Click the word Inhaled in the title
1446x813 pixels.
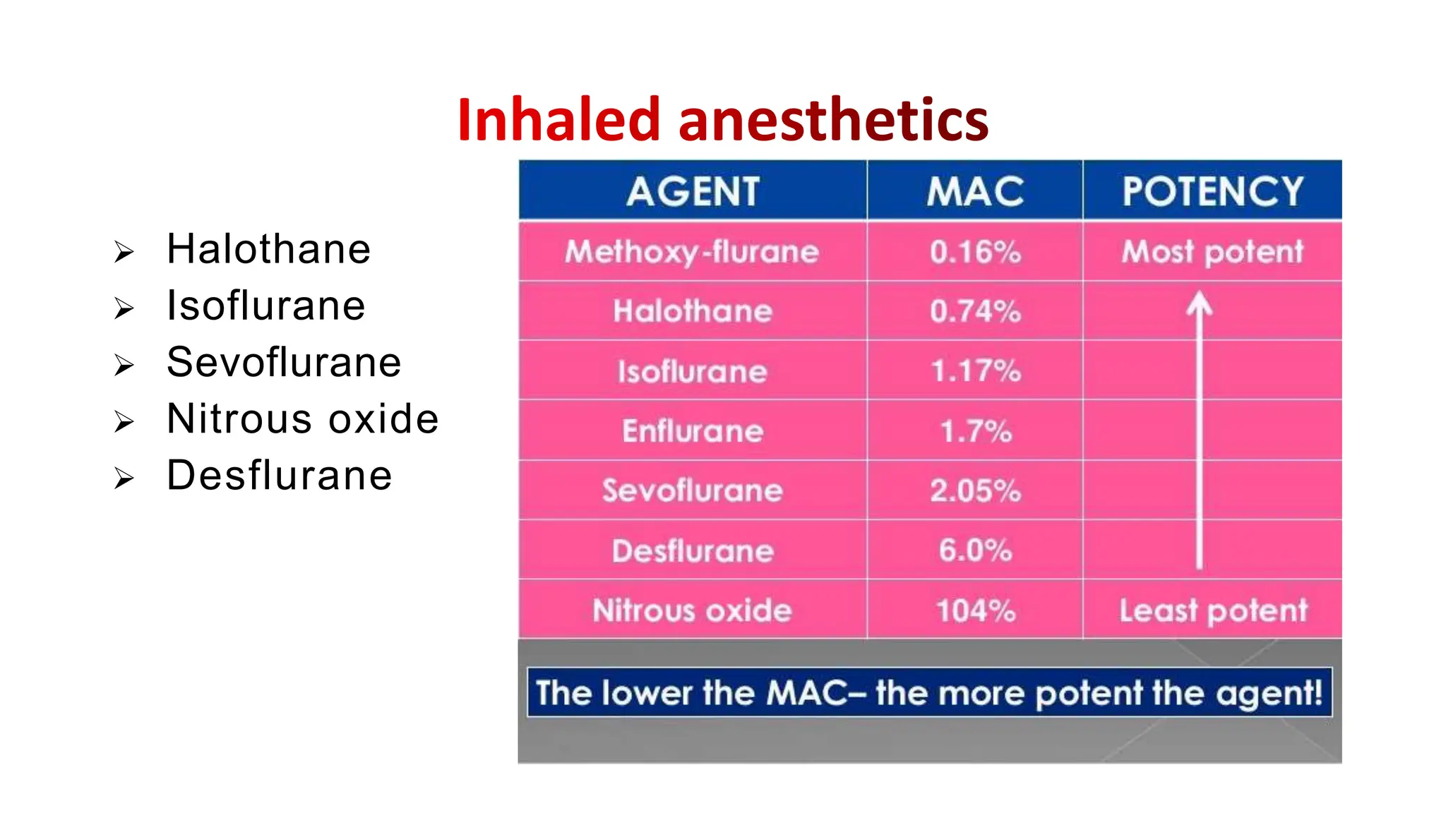558,120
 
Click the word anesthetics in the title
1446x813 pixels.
833,120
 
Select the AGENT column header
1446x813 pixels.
693,191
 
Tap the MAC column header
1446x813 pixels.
975,191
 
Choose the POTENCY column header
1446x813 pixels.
1212,191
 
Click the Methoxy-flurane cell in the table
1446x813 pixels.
692,252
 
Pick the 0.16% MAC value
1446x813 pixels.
975,252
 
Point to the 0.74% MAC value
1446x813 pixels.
975,311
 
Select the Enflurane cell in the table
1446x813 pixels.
693,431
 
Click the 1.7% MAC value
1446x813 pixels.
975,431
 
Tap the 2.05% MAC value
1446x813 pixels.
975,490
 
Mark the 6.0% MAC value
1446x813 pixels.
975,550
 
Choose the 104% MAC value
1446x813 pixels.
975,610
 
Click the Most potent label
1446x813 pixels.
1212,252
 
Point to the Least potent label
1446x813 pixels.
1213,610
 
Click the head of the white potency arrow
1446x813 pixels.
1199,303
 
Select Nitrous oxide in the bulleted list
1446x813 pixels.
302,418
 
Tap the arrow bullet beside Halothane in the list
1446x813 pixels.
124,252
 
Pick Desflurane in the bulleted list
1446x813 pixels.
280,475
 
